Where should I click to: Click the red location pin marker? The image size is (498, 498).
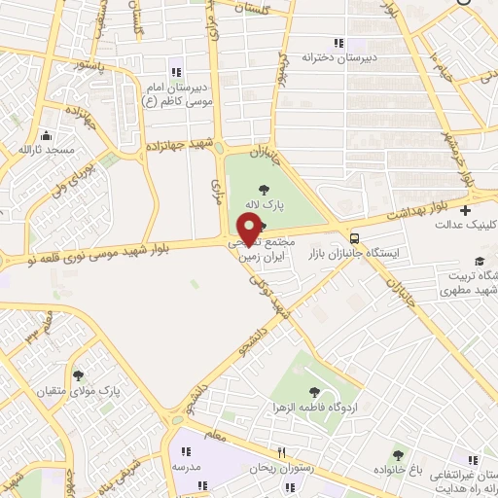click(x=249, y=229)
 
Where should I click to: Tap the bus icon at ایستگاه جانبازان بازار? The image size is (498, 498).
click(x=354, y=237)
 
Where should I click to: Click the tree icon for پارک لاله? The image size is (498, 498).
click(x=264, y=192)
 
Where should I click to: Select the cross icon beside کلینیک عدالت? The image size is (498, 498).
click(x=466, y=210)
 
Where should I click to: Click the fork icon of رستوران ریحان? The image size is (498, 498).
click(x=281, y=452)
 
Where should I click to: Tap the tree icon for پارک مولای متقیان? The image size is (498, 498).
click(x=78, y=374)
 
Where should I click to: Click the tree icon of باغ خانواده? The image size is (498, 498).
click(x=397, y=454)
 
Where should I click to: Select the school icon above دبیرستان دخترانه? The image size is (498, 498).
click(x=338, y=43)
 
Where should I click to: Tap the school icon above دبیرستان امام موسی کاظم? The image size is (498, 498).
click(x=176, y=71)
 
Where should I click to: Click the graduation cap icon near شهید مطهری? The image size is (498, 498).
click(x=479, y=261)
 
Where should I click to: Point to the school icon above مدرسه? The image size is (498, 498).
click(x=185, y=451)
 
